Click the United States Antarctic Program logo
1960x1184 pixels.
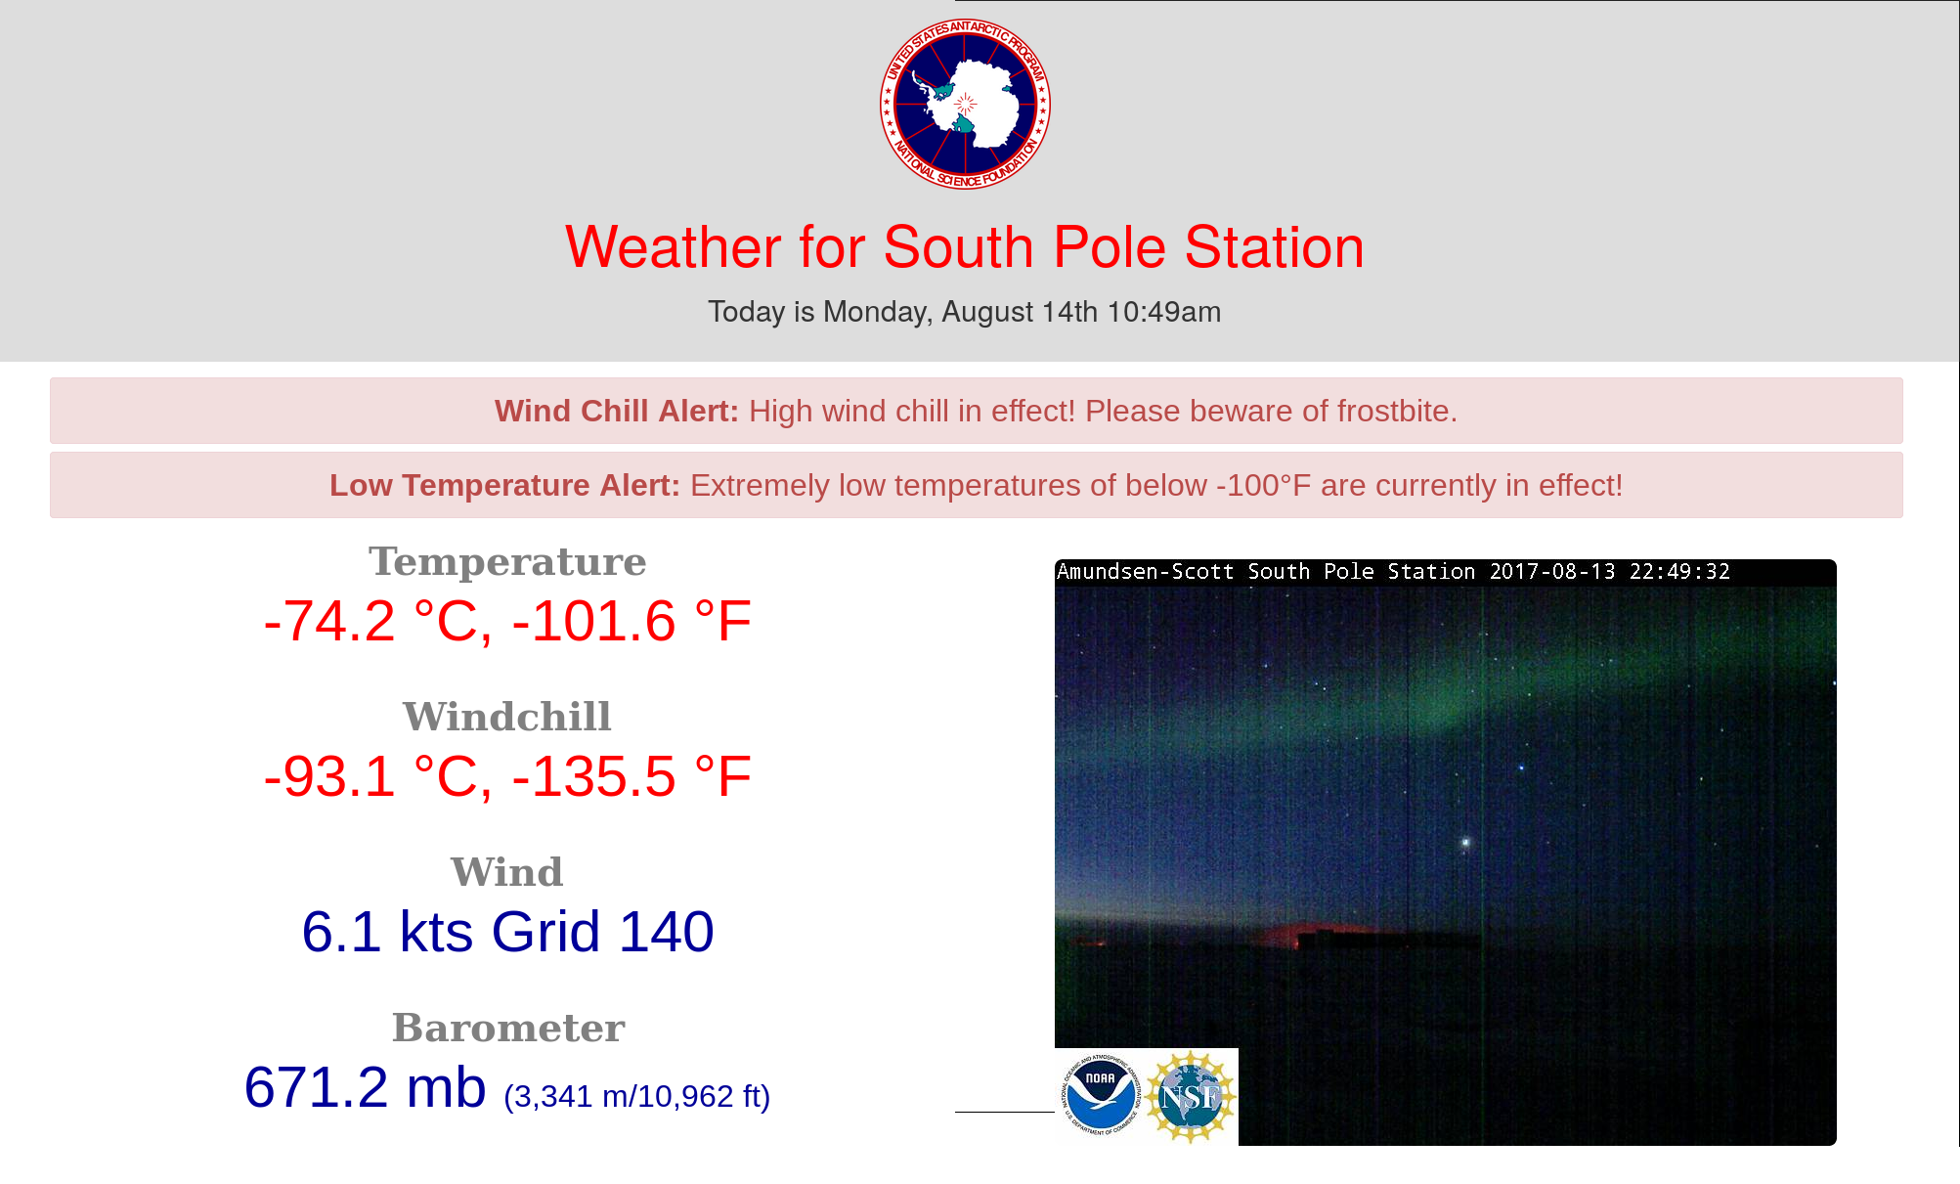(965, 104)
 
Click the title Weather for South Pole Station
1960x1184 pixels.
(965, 247)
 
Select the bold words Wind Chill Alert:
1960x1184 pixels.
(616, 412)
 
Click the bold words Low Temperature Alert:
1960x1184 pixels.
(504, 486)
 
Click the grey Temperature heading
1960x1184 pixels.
(507, 562)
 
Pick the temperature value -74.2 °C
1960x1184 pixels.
(376, 622)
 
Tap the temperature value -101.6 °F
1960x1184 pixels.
(632, 622)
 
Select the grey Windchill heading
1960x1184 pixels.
(507, 718)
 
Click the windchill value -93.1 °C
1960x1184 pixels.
(376, 777)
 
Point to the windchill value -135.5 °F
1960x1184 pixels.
(632, 777)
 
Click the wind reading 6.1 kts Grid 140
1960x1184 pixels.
(507, 932)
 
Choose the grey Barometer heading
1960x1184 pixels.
(507, 1029)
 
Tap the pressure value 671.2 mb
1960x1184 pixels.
(365, 1087)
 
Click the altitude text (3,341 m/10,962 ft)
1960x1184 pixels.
(637, 1097)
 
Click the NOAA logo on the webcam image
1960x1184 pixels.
(1101, 1095)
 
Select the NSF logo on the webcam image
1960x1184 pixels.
(1191, 1096)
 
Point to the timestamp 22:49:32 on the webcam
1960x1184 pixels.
(1679, 572)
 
